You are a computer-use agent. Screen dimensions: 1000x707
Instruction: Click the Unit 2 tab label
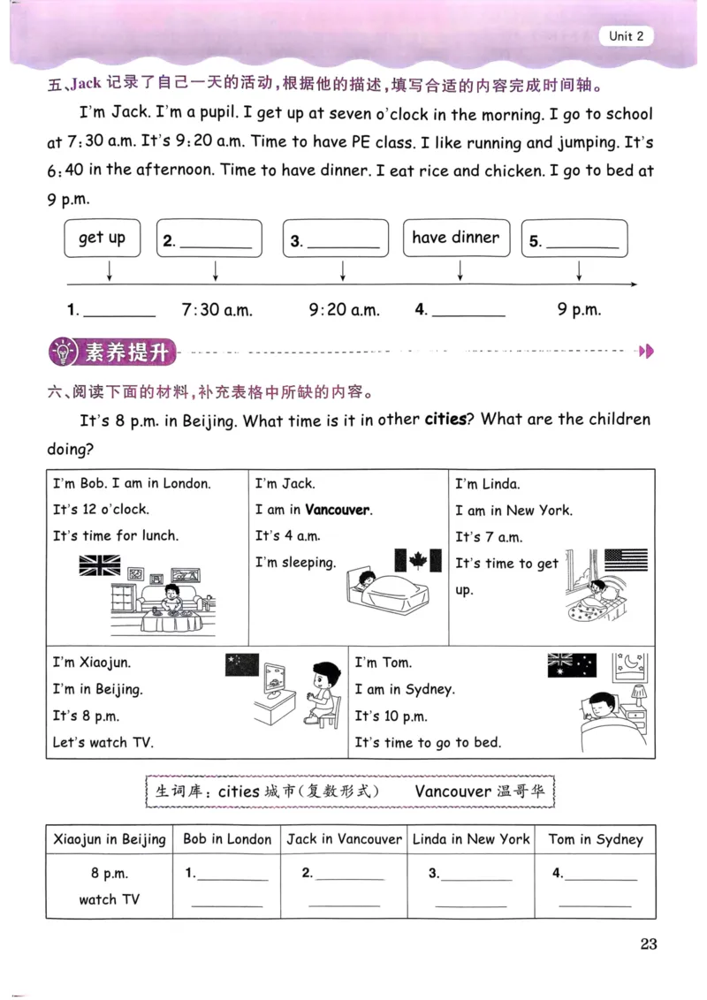click(627, 36)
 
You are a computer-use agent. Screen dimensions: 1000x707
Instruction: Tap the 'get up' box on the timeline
click(102, 238)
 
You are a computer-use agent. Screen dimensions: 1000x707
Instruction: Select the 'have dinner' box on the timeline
click(456, 238)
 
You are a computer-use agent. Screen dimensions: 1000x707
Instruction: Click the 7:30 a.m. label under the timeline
click(217, 310)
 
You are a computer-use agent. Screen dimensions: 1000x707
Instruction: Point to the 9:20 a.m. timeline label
click(344, 310)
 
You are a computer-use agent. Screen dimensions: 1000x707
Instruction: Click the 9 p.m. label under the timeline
click(579, 310)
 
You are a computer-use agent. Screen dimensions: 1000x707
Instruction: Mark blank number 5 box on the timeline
click(574, 239)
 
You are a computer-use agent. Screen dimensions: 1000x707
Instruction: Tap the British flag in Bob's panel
click(100, 565)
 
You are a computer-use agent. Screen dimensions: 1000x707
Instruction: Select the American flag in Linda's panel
click(626, 560)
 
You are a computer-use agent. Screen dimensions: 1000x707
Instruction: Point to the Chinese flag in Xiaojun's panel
click(242, 664)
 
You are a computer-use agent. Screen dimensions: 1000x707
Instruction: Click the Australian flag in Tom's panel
click(572, 665)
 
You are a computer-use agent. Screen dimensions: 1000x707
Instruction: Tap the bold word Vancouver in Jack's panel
click(338, 510)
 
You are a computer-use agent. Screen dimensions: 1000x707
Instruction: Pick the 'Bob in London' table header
click(227, 839)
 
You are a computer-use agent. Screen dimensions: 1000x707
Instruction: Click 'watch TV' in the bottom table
click(110, 899)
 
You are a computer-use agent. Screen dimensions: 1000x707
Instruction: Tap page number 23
click(649, 943)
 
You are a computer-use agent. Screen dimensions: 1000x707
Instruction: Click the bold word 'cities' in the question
click(445, 420)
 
